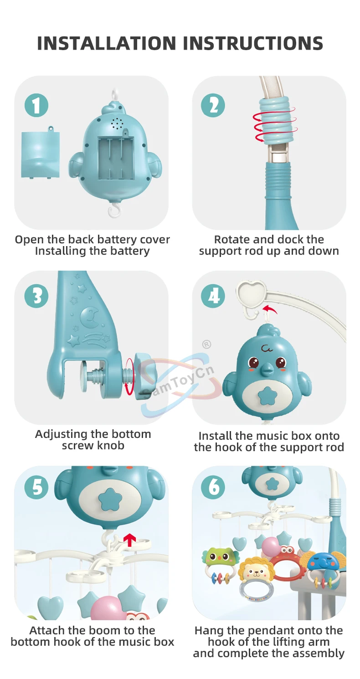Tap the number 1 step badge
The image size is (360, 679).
pyautogui.click(x=36, y=106)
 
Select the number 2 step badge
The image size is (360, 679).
pyautogui.click(x=213, y=106)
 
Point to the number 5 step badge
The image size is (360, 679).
pyautogui.click(x=36, y=488)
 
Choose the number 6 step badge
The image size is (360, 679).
pyautogui.click(x=213, y=488)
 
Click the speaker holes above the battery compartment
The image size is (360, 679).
pyautogui.click(x=117, y=123)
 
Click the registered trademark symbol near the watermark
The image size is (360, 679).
pyautogui.click(x=207, y=345)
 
